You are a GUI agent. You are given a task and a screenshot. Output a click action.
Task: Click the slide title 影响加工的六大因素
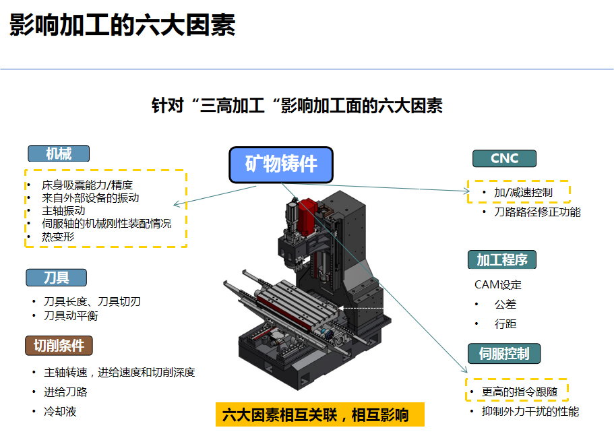122,25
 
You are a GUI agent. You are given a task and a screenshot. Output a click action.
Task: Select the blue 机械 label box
59,154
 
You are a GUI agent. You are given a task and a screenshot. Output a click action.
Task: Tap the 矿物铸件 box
281,164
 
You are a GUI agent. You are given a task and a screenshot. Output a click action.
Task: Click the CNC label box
504,158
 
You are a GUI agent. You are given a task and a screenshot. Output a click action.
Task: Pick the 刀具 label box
57,278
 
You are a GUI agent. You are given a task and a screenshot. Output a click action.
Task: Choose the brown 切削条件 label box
59,346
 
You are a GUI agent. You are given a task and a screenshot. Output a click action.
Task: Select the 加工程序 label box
502,260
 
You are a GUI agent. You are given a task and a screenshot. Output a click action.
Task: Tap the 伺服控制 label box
504,353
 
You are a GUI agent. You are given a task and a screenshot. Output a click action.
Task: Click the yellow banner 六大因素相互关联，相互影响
320,414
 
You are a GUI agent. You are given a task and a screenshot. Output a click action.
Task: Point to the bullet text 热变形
58,237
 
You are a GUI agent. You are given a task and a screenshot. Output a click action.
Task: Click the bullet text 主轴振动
63,211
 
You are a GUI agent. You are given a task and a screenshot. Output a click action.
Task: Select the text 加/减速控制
523,193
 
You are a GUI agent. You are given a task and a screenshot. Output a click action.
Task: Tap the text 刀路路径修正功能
537,212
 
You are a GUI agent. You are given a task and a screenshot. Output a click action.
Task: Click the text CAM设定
498,284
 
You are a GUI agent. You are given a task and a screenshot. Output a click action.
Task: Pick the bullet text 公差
505,304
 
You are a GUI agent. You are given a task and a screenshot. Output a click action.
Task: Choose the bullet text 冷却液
60,411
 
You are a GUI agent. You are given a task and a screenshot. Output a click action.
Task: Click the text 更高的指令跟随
519,392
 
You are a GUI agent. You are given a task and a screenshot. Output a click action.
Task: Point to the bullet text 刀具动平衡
71,315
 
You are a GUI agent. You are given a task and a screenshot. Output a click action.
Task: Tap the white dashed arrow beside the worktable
361,309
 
